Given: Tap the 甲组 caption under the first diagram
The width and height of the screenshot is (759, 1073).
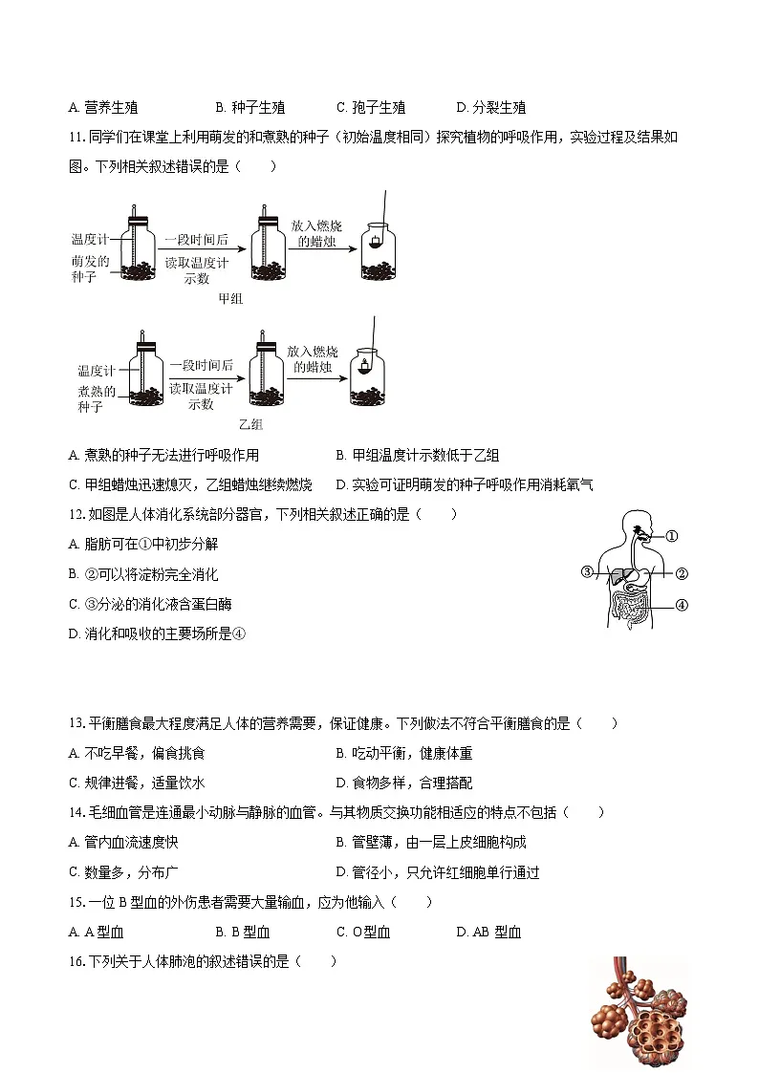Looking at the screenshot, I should [231, 298].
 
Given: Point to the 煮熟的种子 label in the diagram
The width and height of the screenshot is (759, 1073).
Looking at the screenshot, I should [96, 398].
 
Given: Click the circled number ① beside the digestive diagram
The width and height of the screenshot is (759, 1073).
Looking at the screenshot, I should [671, 536].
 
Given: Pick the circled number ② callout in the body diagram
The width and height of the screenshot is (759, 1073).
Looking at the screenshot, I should [682, 574].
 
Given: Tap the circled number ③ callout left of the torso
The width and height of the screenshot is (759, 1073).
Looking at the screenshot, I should [587, 572].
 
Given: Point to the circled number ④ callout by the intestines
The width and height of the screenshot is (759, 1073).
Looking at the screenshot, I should [682, 604].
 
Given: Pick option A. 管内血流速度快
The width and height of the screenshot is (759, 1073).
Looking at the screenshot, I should [123, 842].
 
